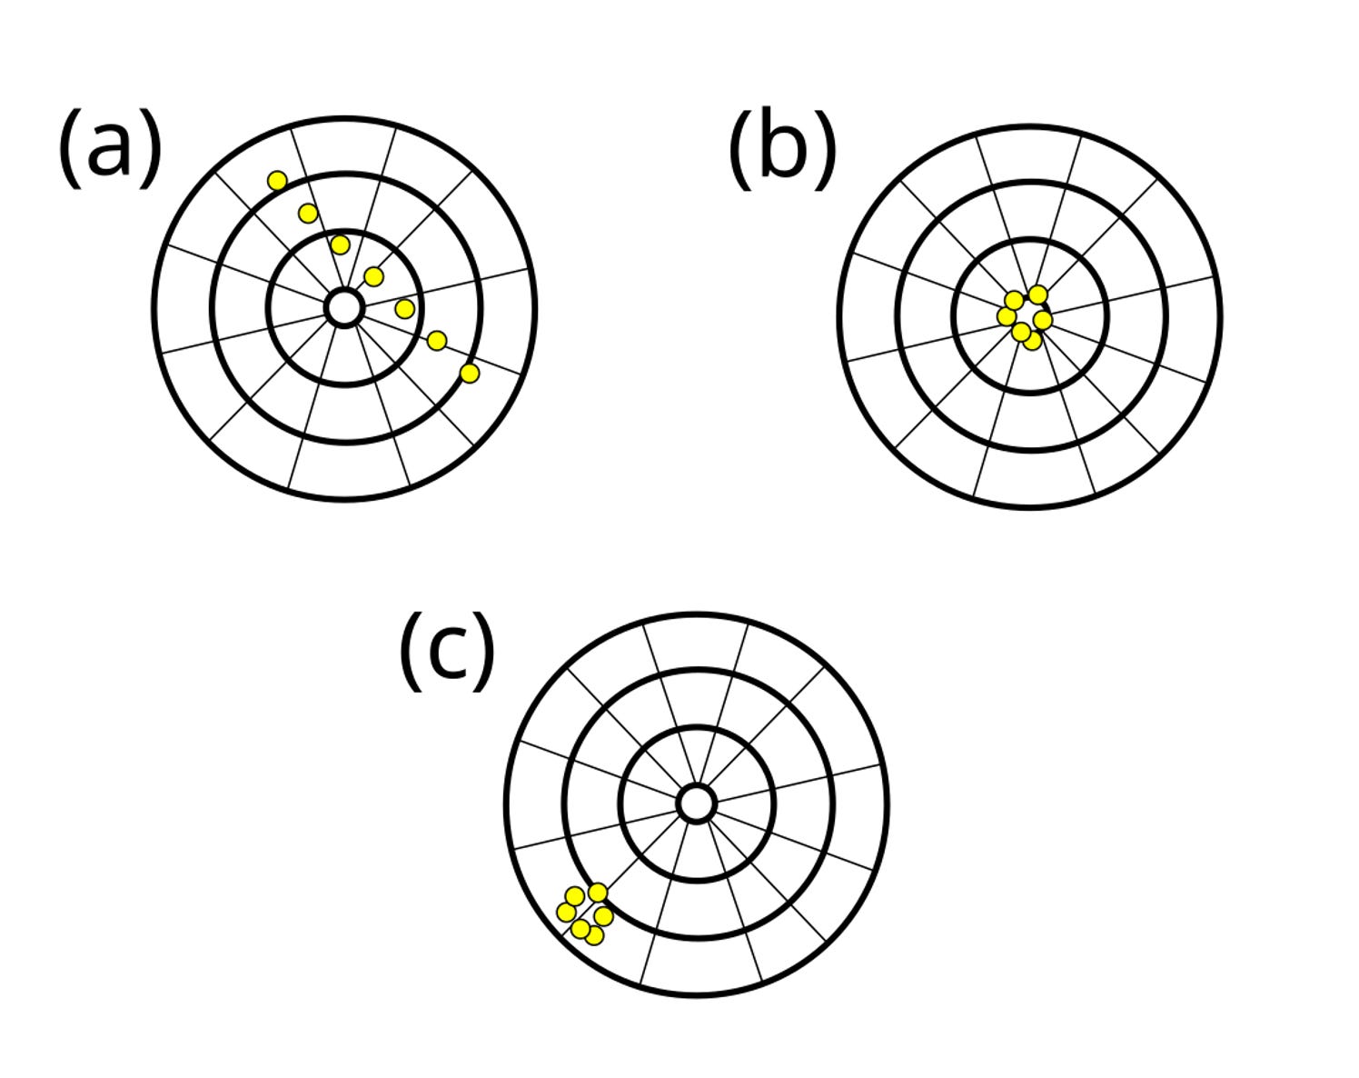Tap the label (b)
[x=782, y=150]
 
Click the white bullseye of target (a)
[x=343, y=308]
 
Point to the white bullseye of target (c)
[x=696, y=804]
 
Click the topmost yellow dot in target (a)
[x=277, y=181]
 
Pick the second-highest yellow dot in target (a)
[x=308, y=214]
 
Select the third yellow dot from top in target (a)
[x=340, y=245]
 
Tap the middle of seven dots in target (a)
[x=373, y=276]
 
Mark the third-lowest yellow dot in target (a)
[x=405, y=309]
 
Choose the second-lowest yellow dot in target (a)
[x=437, y=341]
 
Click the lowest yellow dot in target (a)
[x=469, y=373]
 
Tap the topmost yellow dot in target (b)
[x=1037, y=294]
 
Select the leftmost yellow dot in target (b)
[x=1006, y=315]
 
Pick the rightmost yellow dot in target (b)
[x=1043, y=320]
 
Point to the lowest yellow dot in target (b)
[x=1032, y=342]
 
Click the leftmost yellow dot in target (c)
[x=565, y=912]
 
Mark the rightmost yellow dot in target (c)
[x=603, y=916]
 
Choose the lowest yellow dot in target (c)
[x=595, y=935]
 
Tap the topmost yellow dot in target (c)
[x=598, y=893]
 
